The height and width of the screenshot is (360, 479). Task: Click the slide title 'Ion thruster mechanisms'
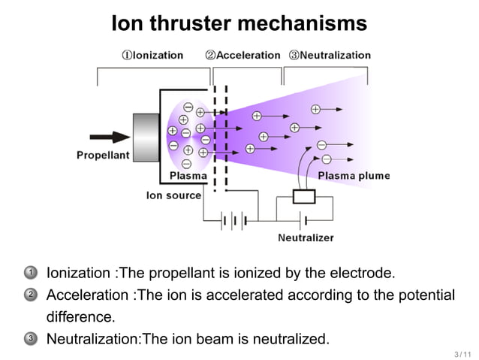click(239, 23)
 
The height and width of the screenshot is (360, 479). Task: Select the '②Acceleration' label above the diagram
click(243, 55)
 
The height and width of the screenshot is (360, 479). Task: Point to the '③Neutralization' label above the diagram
click(330, 55)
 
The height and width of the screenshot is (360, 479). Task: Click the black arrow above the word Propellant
click(110, 138)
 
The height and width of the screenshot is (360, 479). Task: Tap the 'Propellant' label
click(103, 155)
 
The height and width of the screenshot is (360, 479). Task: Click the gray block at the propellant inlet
click(146, 137)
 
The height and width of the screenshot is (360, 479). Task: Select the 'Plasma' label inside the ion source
click(188, 176)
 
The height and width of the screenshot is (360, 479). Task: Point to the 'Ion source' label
click(173, 195)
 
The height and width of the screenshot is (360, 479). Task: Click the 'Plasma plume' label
click(354, 176)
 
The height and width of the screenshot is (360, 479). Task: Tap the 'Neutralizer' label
click(306, 238)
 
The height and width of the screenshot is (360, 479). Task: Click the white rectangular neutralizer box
click(304, 197)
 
